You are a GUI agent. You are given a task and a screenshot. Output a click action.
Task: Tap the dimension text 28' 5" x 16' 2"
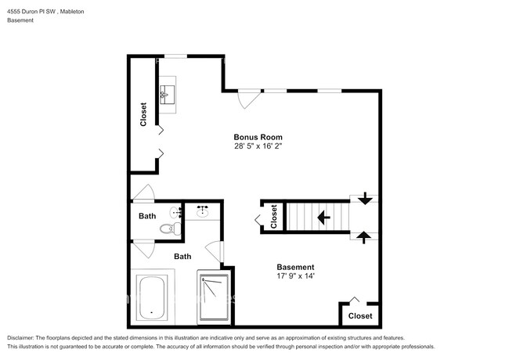point(257,146)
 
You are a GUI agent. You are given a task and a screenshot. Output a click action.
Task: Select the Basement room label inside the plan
point(296,266)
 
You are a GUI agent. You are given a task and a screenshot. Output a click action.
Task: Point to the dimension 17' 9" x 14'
point(296,275)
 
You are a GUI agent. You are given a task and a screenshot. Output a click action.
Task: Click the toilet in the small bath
point(168,229)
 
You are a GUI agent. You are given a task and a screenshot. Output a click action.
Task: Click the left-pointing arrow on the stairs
point(322,216)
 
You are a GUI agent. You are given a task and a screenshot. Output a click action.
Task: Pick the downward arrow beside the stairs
point(364,200)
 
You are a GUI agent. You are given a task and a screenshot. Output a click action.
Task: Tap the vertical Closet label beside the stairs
point(273,216)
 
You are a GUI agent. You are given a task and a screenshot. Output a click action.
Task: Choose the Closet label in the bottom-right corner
point(360,315)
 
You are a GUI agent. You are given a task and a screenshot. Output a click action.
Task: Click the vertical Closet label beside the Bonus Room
point(143,115)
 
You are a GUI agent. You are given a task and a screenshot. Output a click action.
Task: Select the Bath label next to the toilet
point(147,216)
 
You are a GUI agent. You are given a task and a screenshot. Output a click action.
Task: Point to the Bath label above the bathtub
point(182,256)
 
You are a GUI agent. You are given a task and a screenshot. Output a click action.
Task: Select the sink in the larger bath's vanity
point(202,212)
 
